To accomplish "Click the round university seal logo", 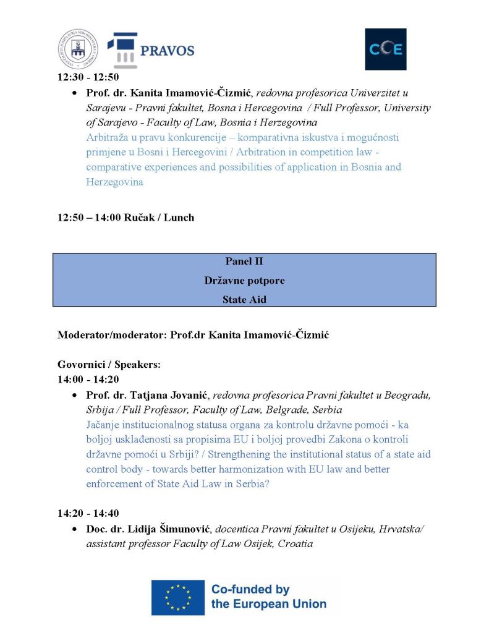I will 78,49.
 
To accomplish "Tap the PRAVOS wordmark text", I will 167,51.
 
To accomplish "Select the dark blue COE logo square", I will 385,49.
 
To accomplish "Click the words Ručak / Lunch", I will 159,217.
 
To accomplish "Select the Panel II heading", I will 244,261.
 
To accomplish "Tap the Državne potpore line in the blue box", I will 244,280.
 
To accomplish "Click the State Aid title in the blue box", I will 244,299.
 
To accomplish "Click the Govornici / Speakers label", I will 109,365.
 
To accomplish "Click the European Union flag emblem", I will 178,597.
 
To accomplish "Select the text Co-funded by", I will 250,589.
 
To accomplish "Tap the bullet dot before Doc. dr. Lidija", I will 75,530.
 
